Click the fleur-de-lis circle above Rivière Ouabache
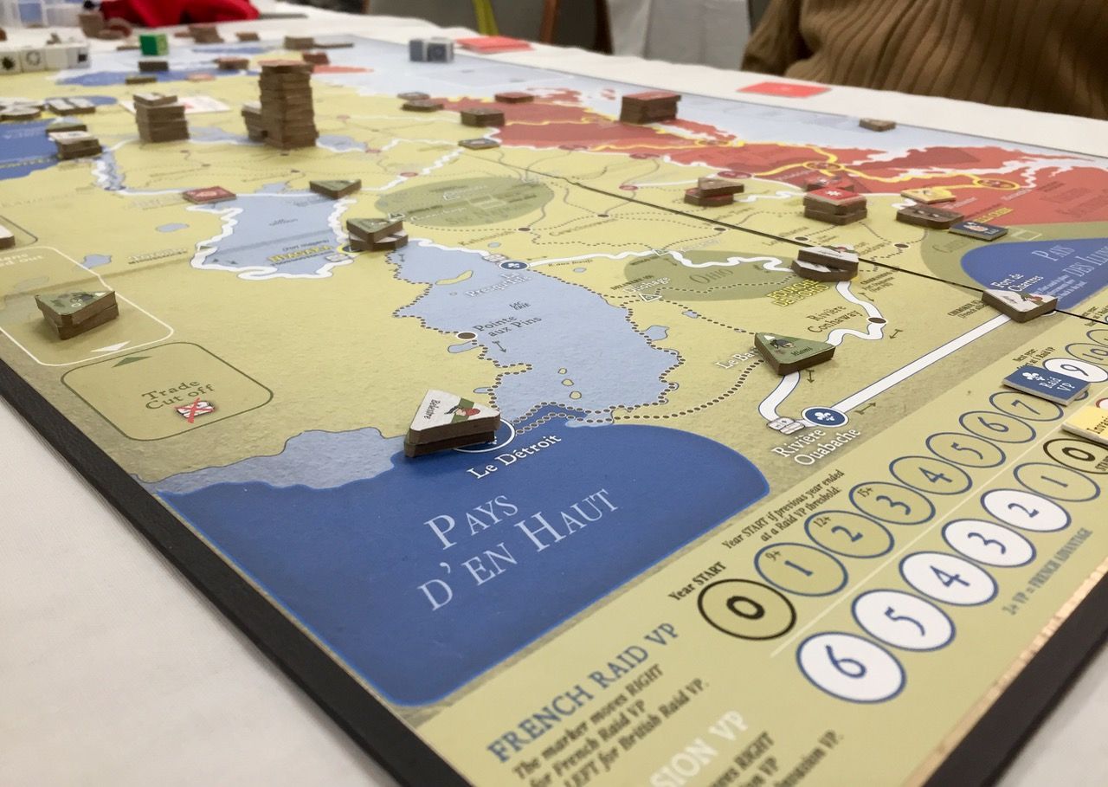coord(823,416)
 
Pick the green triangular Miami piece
coord(792,351)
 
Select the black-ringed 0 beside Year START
coord(746,608)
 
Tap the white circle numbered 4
coord(948,577)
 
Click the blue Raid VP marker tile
coord(1045,384)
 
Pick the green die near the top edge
coord(154,44)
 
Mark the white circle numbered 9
coord(1074,370)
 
